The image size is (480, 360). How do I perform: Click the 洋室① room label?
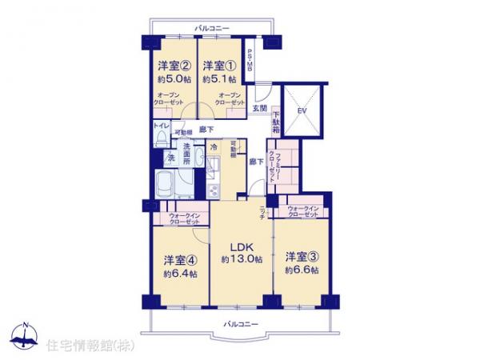tap(218, 66)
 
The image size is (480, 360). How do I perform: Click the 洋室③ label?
tap(302, 258)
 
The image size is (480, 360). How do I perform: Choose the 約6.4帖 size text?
tap(181, 274)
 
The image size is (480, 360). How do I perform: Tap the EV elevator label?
tap(303, 110)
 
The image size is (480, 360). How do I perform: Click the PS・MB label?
tap(250, 62)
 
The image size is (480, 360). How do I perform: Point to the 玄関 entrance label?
tap(260, 108)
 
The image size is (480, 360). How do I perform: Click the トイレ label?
tap(161, 125)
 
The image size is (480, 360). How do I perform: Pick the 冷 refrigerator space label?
tap(214, 147)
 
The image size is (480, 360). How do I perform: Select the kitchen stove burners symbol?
tap(213, 190)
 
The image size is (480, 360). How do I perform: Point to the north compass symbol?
tap(26, 338)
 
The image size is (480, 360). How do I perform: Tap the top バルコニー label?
tap(212, 29)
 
